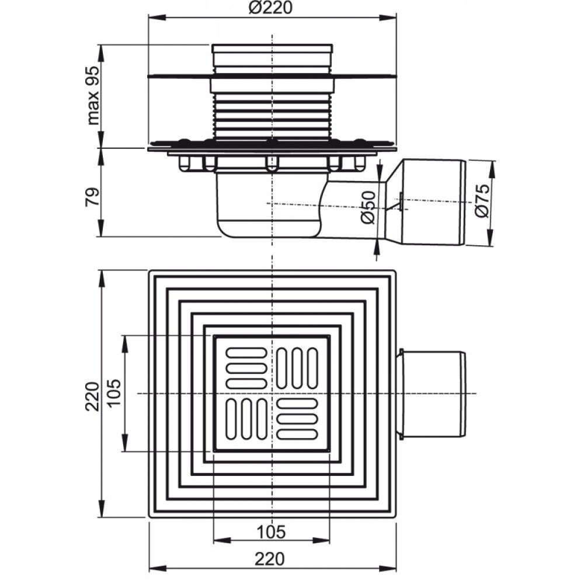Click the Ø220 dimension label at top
(271, 8)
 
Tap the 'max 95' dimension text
(93, 95)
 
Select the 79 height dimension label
(93, 197)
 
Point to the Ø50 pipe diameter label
(369, 207)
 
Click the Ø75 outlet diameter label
(482, 200)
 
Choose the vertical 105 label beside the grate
(114, 393)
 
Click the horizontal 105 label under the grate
(272, 531)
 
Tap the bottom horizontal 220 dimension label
(270, 559)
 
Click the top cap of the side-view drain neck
(272, 48)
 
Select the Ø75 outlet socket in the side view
(427, 203)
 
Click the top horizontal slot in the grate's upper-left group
(246, 353)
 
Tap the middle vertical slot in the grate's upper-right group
(297, 367)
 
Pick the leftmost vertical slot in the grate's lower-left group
(231, 419)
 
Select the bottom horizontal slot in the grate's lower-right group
(297, 434)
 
